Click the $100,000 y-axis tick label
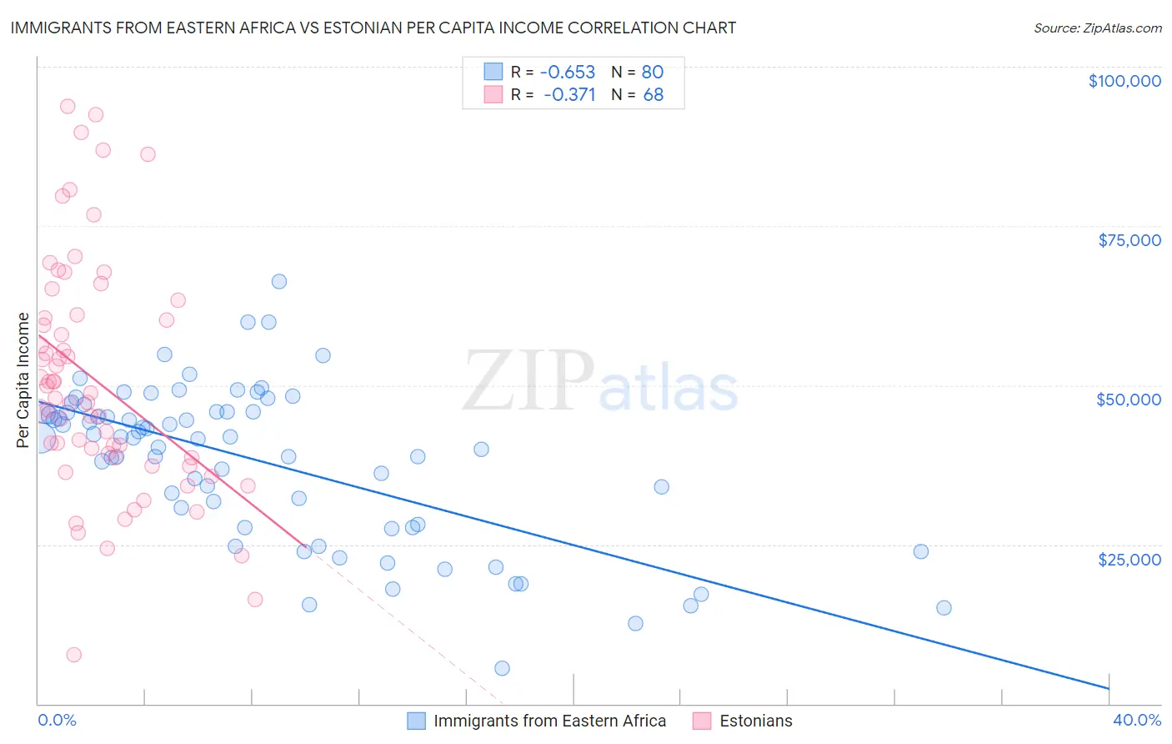click(1124, 81)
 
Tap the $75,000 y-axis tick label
click(1129, 240)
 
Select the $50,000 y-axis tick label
click(1129, 400)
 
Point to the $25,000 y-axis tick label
click(1129, 560)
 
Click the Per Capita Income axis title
click(23, 380)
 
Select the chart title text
click(373, 28)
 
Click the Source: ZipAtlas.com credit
click(1097, 28)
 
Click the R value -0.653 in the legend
click(568, 72)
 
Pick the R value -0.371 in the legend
click(569, 95)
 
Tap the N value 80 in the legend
click(653, 72)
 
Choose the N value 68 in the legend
click(654, 95)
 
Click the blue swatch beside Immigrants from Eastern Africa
click(416, 721)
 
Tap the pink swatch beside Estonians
click(702, 721)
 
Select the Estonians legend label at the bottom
click(755, 721)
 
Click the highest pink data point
click(68, 107)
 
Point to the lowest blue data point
click(502, 668)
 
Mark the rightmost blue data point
click(944, 608)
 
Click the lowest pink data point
click(74, 655)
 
